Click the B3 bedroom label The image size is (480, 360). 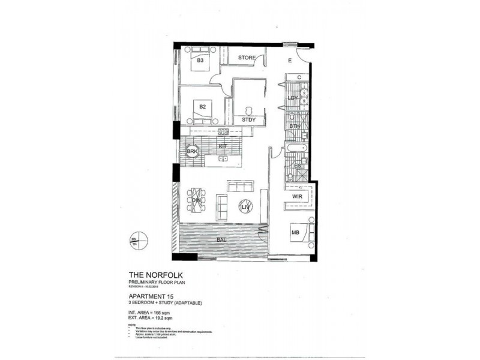click(x=200, y=61)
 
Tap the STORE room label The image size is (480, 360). click(x=247, y=58)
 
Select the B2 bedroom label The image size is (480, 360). click(x=203, y=106)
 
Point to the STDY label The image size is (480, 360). click(x=248, y=119)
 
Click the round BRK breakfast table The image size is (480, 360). click(x=192, y=152)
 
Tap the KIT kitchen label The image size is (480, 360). click(x=221, y=146)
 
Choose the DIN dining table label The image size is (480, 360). click(x=196, y=200)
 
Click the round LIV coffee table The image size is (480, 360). click(x=245, y=207)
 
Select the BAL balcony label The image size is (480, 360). click(x=221, y=240)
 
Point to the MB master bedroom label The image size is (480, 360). click(x=295, y=232)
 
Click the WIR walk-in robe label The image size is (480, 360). click(x=296, y=196)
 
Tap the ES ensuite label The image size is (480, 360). click(x=297, y=166)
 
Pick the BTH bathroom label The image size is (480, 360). click(x=295, y=126)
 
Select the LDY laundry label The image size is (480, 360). click(x=293, y=98)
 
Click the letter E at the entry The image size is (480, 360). click(x=289, y=60)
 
